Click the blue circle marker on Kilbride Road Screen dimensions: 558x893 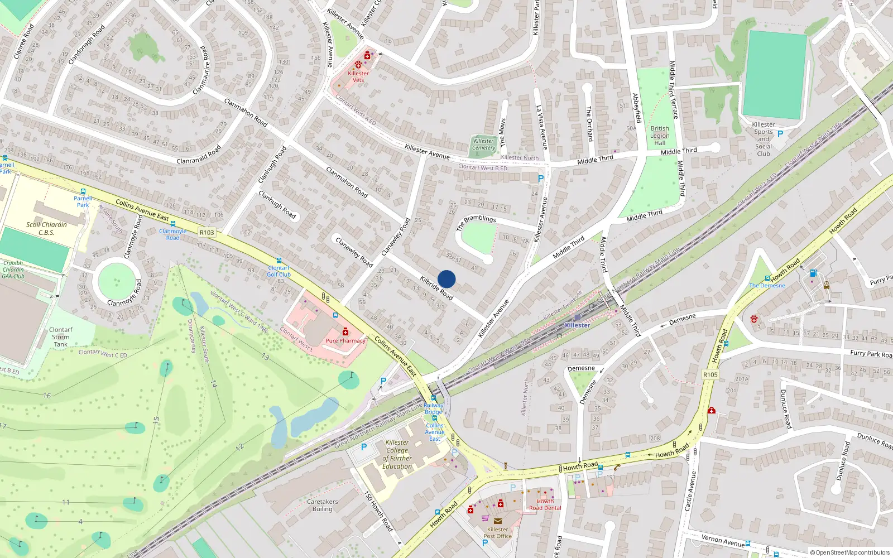tap(446, 279)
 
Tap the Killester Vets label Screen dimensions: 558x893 tap(358, 76)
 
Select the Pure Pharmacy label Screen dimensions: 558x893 tap(345, 340)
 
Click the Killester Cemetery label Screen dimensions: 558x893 tap(483, 145)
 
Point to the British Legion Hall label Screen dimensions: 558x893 tap(660, 136)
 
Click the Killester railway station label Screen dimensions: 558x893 tap(577, 325)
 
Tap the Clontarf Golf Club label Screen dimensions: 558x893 tap(279, 271)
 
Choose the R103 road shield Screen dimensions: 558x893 tap(207, 233)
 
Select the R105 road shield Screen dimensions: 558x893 tap(710, 374)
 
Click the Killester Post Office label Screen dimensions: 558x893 tap(497, 533)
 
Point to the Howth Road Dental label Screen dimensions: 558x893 tap(545, 504)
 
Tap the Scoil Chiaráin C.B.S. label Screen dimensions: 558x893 tap(46, 229)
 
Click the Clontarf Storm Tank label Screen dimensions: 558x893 tap(60, 337)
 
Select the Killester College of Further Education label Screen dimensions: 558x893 tap(397, 454)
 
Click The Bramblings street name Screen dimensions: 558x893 tap(476, 223)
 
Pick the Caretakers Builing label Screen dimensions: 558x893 tap(322, 505)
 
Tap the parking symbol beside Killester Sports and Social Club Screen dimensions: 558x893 tap(780, 134)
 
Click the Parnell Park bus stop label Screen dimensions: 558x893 tap(83, 201)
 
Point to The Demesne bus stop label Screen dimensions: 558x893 tap(767, 285)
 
